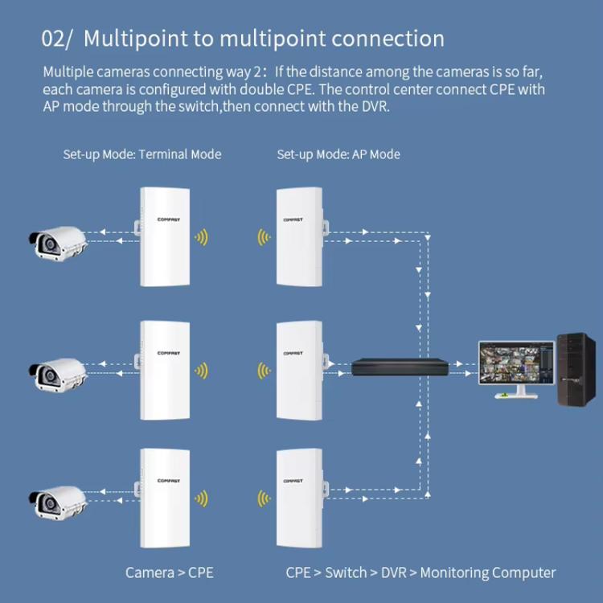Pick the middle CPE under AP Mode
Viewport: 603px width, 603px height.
click(299, 370)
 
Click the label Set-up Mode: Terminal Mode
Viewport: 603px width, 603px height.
click(142, 154)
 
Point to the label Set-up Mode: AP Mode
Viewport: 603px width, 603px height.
click(338, 154)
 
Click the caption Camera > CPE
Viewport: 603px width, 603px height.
click(169, 572)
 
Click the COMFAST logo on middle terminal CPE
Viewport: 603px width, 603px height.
click(163, 351)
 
